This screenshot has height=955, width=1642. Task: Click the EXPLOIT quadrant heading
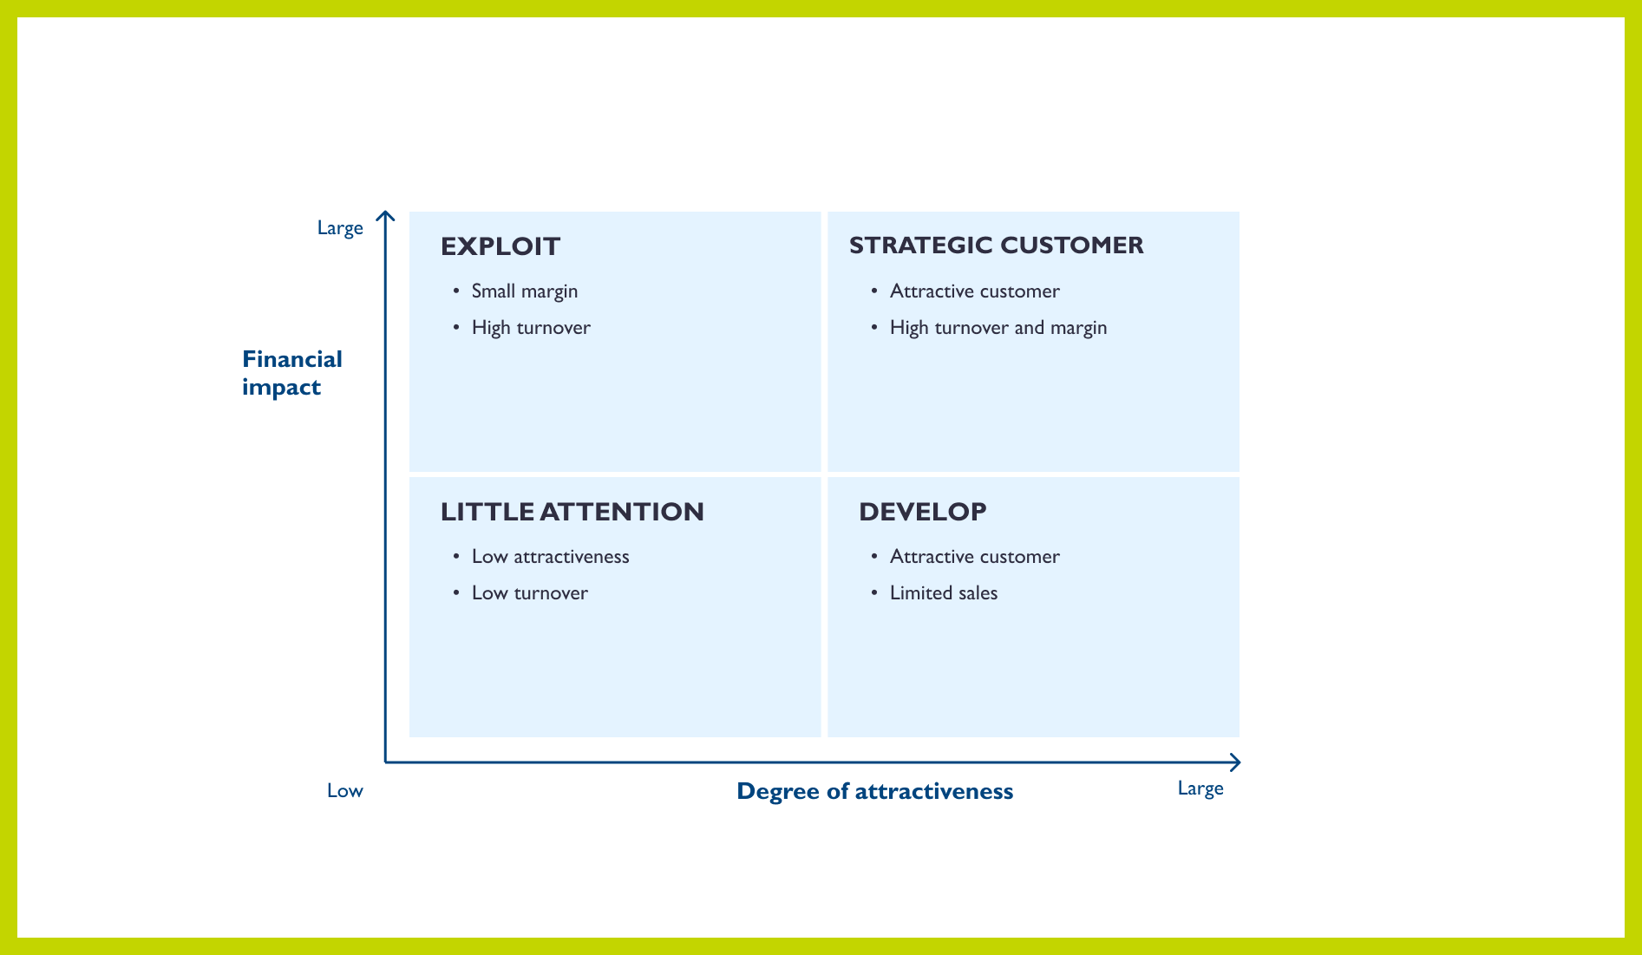click(500, 246)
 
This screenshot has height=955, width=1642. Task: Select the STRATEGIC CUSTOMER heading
click(996, 245)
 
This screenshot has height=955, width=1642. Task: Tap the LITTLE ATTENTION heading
click(572, 512)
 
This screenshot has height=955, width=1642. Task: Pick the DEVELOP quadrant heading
click(922, 512)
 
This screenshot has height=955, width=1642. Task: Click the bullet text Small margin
click(524, 291)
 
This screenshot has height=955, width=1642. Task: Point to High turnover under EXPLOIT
click(531, 328)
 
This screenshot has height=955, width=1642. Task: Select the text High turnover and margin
click(998, 328)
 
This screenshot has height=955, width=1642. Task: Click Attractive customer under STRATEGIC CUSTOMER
click(974, 291)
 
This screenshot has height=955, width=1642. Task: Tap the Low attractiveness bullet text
click(550, 557)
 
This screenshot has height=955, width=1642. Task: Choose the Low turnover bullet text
click(529, 593)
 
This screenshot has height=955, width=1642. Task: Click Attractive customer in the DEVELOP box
click(974, 557)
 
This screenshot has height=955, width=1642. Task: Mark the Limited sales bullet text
click(943, 593)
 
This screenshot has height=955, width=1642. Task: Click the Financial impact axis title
click(291, 373)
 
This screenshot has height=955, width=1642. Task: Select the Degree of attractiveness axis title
click(874, 791)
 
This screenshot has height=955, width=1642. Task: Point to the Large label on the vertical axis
click(340, 228)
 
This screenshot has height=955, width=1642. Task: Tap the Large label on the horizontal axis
click(1200, 788)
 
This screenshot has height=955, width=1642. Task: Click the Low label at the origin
click(344, 791)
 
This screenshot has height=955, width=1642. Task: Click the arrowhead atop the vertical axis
click(385, 215)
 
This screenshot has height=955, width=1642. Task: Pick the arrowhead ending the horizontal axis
click(1236, 762)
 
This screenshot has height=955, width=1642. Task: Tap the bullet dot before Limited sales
click(874, 592)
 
